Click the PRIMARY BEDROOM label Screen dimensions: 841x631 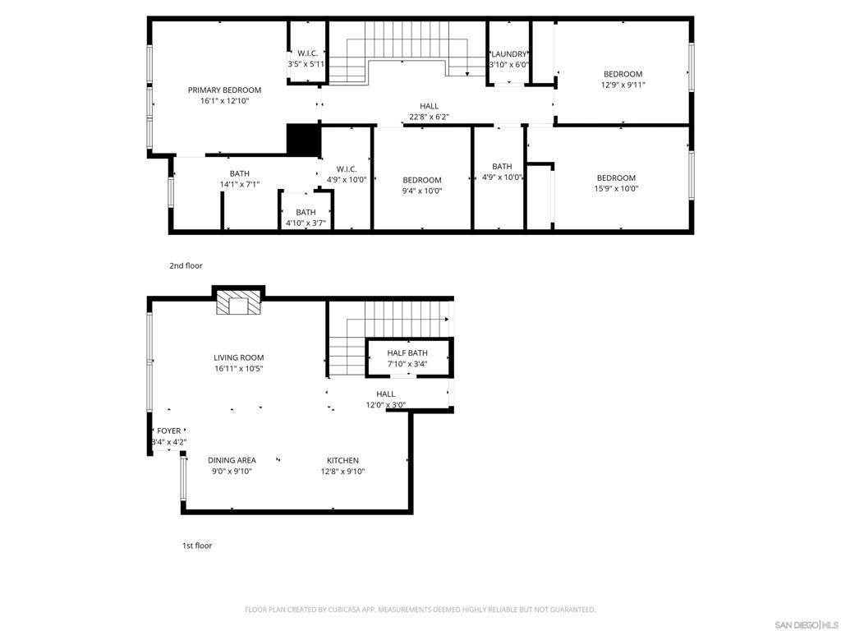pyautogui.click(x=224, y=90)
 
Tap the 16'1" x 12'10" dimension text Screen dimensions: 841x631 pyautogui.click(x=224, y=101)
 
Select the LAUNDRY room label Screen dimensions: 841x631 pyautogui.click(x=509, y=54)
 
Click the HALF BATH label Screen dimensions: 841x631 pyautogui.click(x=407, y=353)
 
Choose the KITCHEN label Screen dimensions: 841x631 pyautogui.click(x=342, y=460)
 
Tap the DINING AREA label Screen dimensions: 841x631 pyautogui.click(x=232, y=460)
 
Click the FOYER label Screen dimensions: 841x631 pyautogui.click(x=168, y=431)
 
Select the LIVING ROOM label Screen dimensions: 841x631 pyautogui.click(x=239, y=358)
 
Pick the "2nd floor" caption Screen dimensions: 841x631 pyautogui.click(x=186, y=265)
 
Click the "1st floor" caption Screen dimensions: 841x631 pyautogui.click(x=197, y=546)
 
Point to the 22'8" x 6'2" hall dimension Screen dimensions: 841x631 pyautogui.click(x=429, y=117)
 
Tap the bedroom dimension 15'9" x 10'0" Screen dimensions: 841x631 pyautogui.click(x=616, y=189)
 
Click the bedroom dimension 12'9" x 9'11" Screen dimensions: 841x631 pyautogui.click(x=623, y=85)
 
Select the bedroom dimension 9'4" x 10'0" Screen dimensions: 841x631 pyautogui.click(x=421, y=191)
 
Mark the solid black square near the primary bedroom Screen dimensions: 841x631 pyautogui.click(x=304, y=140)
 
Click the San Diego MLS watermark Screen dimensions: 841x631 pyautogui.click(x=806, y=625)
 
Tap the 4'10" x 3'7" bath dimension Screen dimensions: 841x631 pyautogui.click(x=306, y=223)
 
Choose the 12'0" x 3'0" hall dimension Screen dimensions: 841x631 pyautogui.click(x=386, y=405)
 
